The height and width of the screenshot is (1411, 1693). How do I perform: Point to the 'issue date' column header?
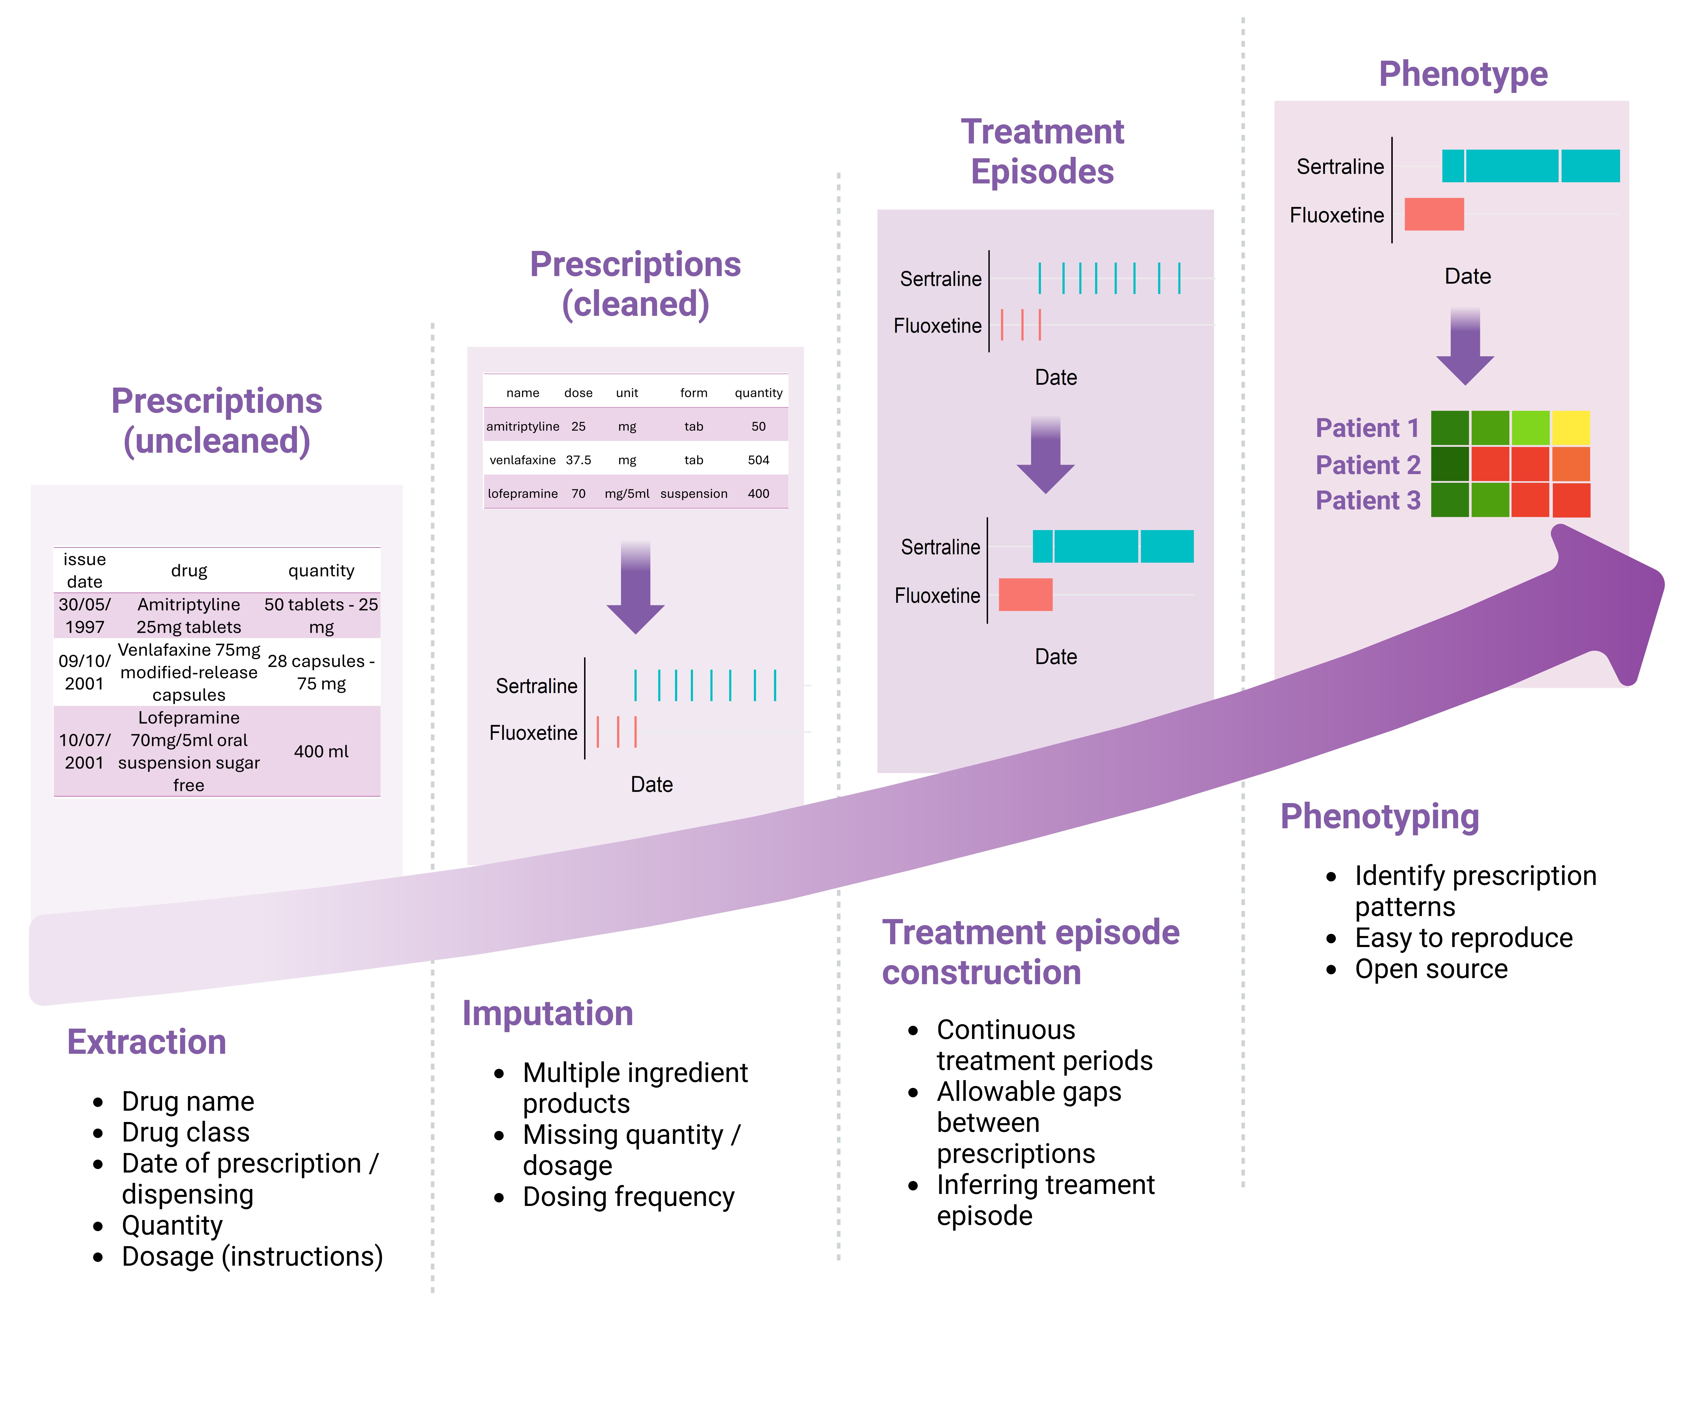click(x=85, y=570)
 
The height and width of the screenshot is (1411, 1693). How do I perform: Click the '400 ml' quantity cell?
click(x=321, y=751)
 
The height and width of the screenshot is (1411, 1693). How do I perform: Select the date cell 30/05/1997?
click(x=85, y=615)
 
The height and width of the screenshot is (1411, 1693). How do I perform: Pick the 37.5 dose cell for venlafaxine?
click(x=578, y=460)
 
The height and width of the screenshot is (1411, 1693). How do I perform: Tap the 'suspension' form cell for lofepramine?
click(x=693, y=493)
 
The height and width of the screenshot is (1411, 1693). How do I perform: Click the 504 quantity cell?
click(x=758, y=460)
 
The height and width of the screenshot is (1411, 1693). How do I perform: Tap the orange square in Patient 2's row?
click(x=1570, y=464)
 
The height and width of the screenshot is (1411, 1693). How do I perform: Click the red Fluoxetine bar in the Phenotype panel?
click(x=1433, y=214)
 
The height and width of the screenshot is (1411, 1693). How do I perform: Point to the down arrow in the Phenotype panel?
click(x=1465, y=347)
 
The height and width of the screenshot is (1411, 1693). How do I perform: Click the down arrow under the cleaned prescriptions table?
click(x=635, y=589)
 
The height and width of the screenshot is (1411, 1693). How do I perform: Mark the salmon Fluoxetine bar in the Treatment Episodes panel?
click(x=1025, y=594)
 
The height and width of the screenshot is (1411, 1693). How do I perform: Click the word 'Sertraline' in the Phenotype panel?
click(x=1340, y=167)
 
